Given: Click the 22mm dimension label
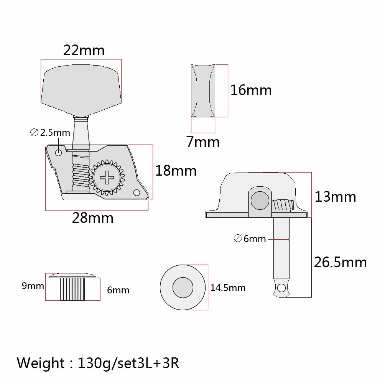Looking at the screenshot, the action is [84, 50].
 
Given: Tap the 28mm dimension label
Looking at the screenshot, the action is [92, 218].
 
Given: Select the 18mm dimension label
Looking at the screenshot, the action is [176, 171].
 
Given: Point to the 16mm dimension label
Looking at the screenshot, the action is [251, 90].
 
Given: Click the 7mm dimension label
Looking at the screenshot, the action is [203, 142].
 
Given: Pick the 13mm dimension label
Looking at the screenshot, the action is [335, 197].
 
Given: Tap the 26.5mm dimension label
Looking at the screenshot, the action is [340, 262].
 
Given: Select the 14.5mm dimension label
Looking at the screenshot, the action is [228, 288].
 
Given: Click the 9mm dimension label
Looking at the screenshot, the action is [33, 286].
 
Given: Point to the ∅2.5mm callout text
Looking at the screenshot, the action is [50, 133].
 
